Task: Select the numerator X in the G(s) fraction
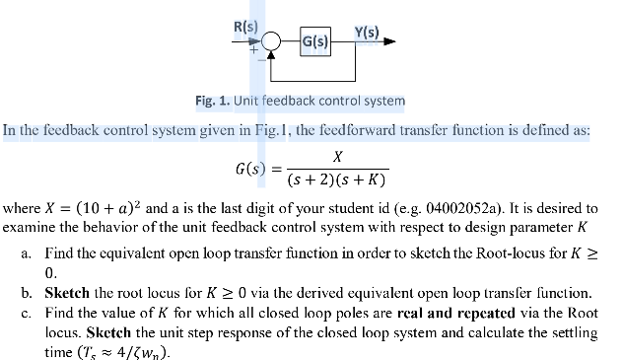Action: point(337,156)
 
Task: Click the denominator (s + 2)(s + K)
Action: point(336,181)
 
